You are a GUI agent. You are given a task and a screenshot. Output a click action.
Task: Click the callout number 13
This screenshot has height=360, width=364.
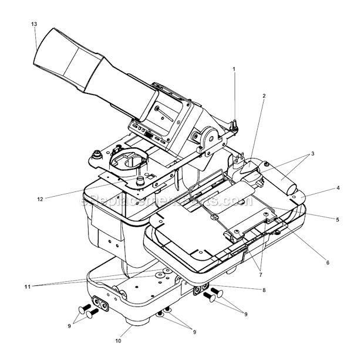point(35,23)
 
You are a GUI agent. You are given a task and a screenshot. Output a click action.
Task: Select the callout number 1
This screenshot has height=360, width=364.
point(234,69)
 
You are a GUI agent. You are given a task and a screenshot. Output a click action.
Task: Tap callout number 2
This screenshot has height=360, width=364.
point(264,95)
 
